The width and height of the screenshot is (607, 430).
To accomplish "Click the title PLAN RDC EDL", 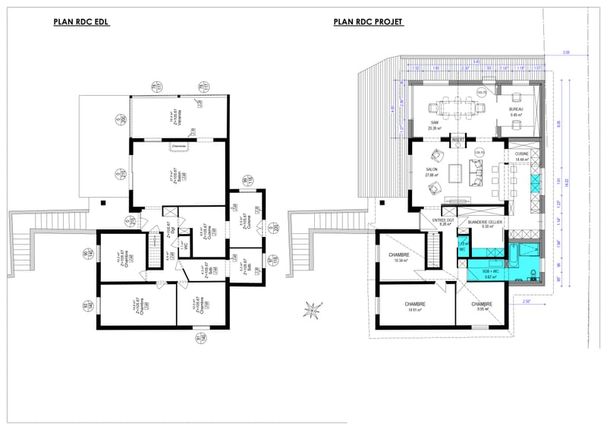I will point(82,23).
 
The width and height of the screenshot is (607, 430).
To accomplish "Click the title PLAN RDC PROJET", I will point(368,23).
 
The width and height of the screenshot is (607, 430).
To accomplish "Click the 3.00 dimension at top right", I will point(565,52).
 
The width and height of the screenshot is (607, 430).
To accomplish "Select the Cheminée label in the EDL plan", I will point(180,145).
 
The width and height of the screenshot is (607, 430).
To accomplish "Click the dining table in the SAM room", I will point(455,109).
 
